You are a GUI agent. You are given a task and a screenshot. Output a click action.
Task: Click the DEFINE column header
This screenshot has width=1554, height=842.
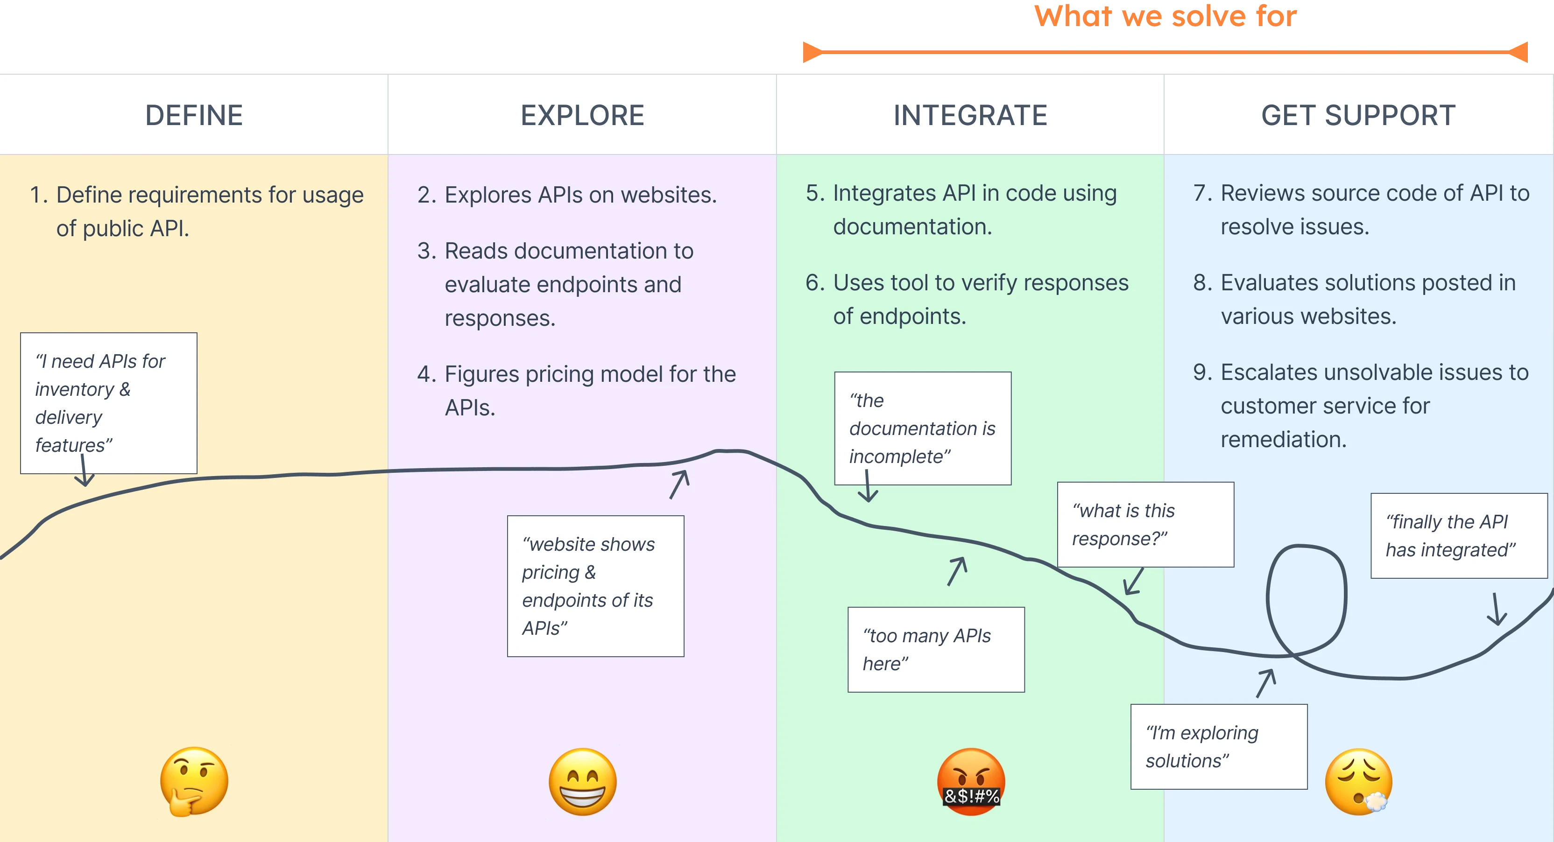point(194,115)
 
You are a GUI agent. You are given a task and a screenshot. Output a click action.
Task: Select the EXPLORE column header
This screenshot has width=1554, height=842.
point(582,115)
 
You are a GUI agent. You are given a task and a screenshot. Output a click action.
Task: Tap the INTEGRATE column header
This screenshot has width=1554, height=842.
point(970,115)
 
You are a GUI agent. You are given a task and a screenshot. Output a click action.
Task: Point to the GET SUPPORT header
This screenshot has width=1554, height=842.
point(1358,115)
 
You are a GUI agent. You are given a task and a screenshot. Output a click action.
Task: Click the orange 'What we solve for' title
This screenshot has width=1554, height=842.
point(1165,16)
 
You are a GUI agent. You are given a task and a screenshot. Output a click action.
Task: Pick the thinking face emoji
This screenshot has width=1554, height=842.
point(194,782)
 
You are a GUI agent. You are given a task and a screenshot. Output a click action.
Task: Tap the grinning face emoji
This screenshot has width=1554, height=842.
point(583,782)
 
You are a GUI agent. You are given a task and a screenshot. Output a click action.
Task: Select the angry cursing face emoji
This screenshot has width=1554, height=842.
point(971,782)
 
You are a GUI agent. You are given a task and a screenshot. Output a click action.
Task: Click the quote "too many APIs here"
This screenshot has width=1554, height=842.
point(936,650)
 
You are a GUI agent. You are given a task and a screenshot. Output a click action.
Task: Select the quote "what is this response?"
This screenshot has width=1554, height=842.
point(1145,524)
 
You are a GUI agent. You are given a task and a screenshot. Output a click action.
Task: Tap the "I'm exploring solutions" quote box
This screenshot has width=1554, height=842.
point(1219,746)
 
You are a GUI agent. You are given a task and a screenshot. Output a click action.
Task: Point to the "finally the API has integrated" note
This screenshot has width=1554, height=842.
point(1459,536)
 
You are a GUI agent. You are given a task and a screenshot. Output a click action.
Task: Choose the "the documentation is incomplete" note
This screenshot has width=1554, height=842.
point(922,428)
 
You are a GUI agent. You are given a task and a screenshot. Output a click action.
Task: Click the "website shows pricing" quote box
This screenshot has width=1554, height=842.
point(595,586)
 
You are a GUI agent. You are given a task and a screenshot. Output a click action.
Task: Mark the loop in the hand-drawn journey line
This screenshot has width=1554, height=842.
point(1306,603)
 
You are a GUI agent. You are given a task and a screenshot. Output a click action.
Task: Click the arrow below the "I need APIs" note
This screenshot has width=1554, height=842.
point(84,471)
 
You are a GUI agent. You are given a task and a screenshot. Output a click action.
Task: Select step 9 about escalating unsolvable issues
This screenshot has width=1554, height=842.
point(1360,405)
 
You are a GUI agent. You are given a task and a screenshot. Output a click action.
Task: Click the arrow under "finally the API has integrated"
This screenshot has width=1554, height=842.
point(1497,609)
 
